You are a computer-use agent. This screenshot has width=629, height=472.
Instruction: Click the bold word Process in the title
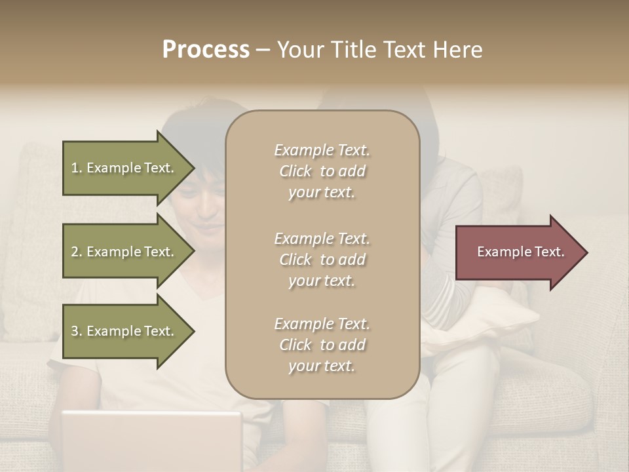pos(206,50)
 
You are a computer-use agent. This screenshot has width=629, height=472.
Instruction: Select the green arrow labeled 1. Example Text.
pos(124,168)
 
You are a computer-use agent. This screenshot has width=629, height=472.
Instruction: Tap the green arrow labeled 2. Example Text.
pos(124,252)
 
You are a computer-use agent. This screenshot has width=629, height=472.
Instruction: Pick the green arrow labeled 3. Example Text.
pos(124,331)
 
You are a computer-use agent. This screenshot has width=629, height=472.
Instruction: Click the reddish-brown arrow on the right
pos(518,252)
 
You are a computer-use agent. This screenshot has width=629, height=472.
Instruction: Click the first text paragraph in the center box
pos(322,171)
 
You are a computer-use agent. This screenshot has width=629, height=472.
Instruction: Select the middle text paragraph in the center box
pos(322,260)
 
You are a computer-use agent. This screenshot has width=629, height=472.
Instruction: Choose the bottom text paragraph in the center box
pos(322,345)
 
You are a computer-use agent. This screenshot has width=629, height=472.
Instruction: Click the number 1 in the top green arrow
pos(75,168)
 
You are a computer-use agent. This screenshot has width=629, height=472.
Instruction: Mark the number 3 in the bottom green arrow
pos(75,331)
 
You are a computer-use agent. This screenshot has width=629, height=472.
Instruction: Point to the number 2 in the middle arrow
pos(75,252)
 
